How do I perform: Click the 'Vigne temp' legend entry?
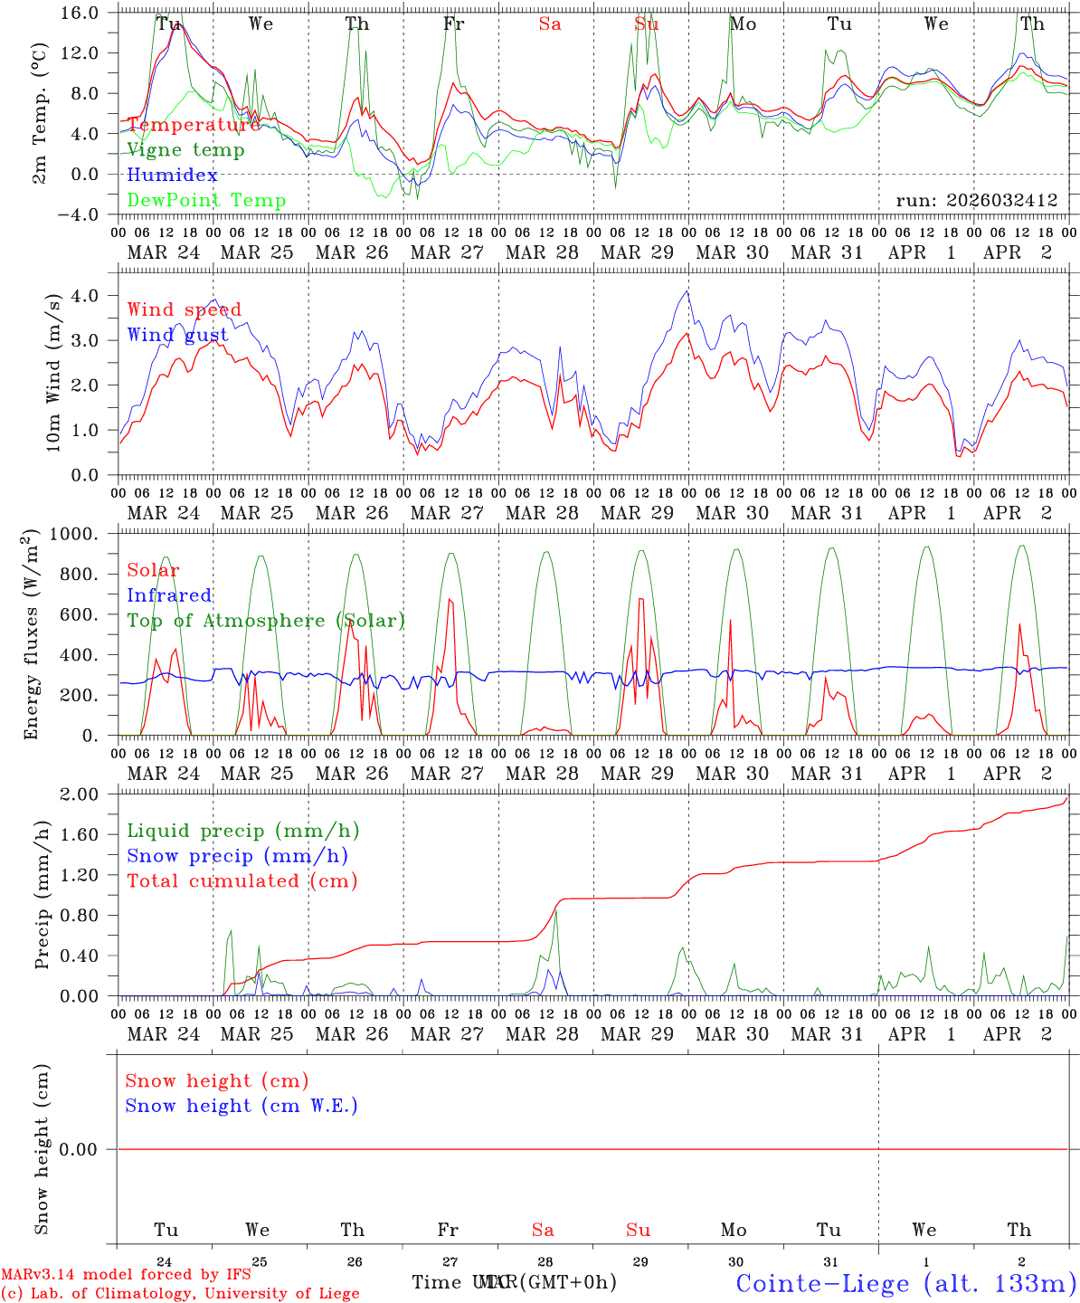point(185,150)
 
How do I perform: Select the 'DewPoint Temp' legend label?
point(206,201)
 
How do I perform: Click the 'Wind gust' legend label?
point(177,335)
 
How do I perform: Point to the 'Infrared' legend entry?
point(169,595)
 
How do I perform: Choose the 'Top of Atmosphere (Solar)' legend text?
point(266,621)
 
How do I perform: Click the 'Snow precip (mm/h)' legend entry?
point(237,856)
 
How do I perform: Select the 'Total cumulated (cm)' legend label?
point(242,880)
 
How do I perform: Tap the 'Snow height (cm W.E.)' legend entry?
point(242,1106)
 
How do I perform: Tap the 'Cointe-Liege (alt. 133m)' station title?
point(905,1283)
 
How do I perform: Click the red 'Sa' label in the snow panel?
point(543,1230)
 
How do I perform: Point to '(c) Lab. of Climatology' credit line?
point(180,1294)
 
